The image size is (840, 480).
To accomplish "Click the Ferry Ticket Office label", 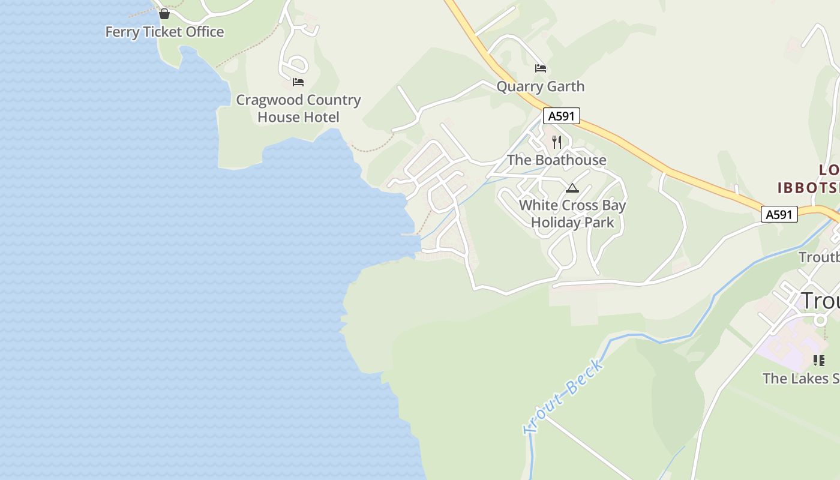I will pos(164,32).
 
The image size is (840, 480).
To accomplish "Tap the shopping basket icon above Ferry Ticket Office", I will pos(164,13).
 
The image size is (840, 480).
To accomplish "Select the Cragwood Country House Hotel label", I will pos(298,109).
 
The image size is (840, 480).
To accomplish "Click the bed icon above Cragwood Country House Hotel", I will pos(298,82).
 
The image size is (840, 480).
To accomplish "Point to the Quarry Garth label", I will pos(540,86).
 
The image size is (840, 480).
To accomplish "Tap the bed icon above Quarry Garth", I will pos(541,68).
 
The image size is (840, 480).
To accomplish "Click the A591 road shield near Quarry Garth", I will pos(562,116).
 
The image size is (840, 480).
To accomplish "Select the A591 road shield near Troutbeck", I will pos(779,214).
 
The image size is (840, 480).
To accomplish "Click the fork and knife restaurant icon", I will pos(557,142).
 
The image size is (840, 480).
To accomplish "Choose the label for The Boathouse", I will pos(556,160).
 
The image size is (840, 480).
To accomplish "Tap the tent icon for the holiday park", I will pos(572,188).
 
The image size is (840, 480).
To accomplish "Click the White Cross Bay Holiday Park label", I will pos(572,214).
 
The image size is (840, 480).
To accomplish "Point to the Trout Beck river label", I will pos(563,396).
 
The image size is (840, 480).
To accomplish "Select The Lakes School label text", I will pos(801,379).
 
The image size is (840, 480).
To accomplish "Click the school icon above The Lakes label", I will pos(818,361).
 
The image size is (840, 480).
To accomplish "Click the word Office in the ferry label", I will pos(205,32).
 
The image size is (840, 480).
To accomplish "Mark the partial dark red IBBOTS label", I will pos(808,187).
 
